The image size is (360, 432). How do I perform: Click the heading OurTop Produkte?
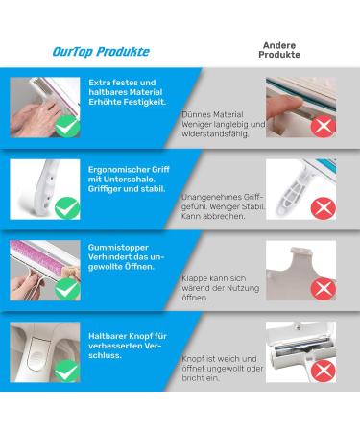[101, 52]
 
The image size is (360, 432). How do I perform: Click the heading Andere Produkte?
[279, 50]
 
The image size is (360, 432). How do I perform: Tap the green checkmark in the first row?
[67, 127]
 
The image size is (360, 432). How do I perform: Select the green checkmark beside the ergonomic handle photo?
[67, 208]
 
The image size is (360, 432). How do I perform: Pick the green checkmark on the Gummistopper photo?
[67, 289]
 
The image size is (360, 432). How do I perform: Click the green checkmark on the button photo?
[67, 371]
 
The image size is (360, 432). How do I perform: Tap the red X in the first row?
[324, 127]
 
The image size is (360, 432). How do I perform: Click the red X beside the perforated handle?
[324, 208]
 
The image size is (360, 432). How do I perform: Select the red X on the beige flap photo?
[324, 289]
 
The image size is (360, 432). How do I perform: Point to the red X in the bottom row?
[324, 371]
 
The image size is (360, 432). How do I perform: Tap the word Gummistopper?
[118, 248]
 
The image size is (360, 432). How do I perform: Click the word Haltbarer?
[108, 336]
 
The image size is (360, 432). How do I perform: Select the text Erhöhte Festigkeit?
[128, 102]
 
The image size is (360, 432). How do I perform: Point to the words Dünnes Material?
[212, 114]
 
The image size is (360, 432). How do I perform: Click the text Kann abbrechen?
[213, 216]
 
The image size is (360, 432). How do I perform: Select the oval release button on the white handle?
[38, 353]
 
